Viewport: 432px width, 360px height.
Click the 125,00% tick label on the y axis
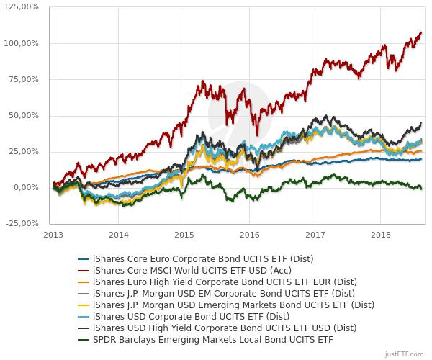(24, 7)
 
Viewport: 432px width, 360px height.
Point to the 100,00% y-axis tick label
(24, 43)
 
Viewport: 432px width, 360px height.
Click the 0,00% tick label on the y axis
(29, 187)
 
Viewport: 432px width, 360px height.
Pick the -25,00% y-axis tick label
(24, 223)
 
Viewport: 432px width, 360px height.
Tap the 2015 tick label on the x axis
(184, 235)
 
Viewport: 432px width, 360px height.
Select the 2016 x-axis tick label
(249, 235)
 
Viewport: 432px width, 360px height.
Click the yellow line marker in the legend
(84, 305)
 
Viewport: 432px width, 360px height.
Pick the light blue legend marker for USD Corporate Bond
(84, 316)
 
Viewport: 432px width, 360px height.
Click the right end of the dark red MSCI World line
(421, 32)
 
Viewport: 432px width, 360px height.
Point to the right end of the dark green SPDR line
(421, 188)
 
